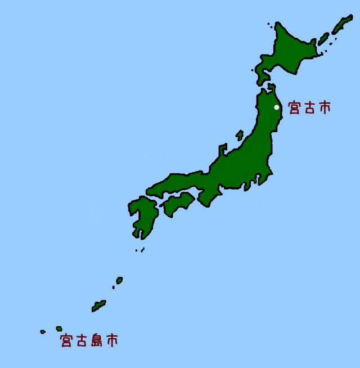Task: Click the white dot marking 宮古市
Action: point(276,107)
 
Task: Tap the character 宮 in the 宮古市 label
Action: point(295,107)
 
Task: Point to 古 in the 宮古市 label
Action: point(309,107)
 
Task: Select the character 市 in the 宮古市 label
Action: point(324,107)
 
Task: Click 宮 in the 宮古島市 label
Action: point(66,340)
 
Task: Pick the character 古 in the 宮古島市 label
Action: point(82,340)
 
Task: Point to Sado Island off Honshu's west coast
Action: point(240,135)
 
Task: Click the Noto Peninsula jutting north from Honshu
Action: point(222,150)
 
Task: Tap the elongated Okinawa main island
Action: point(99,306)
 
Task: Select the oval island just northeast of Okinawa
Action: point(119,280)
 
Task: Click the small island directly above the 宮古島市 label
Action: point(59,329)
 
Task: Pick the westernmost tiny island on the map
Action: point(43,332)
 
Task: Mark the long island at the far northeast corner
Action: point(341,24)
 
